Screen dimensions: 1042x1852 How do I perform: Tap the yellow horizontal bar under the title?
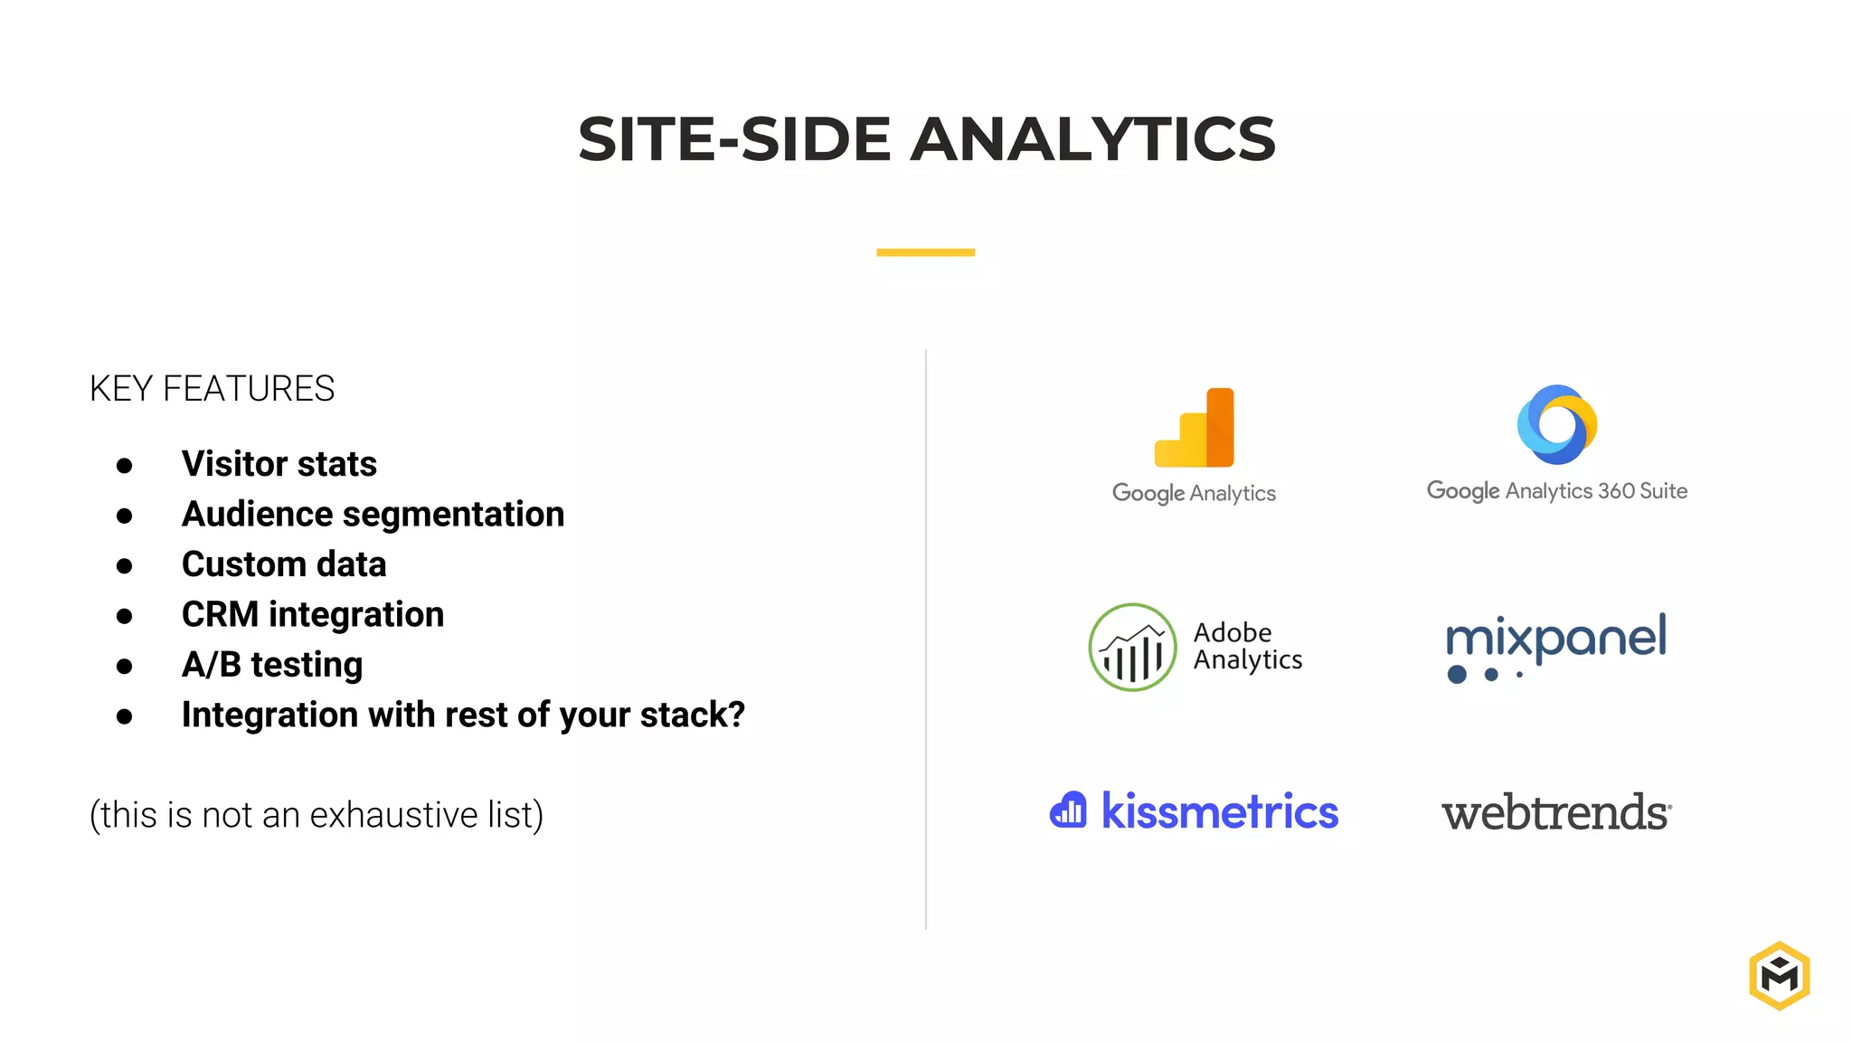coord(925,252)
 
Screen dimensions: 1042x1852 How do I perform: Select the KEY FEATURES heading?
coord(212,389)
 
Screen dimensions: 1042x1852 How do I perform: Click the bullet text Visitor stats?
coord(279,464)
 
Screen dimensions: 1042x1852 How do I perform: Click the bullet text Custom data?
coord(283,564)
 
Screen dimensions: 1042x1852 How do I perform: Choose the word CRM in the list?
coord(220,615)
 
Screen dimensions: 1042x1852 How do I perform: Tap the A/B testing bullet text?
coord(271,665)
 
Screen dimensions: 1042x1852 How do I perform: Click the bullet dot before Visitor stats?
coord(125,466)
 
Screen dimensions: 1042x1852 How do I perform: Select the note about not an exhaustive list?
coord(317,815)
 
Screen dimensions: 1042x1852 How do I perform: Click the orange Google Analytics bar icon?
coord(1195,428)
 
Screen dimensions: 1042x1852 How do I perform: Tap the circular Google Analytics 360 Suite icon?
coord(1556,424)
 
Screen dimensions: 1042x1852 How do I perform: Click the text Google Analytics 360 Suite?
coord(1556,491)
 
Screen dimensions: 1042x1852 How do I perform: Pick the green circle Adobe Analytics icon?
coord(1132,648)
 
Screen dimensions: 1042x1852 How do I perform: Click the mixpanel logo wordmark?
coord(1555,639)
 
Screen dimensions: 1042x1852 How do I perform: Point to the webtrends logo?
coord(1555,812)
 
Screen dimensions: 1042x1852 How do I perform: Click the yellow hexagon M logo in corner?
coord(1779,976)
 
